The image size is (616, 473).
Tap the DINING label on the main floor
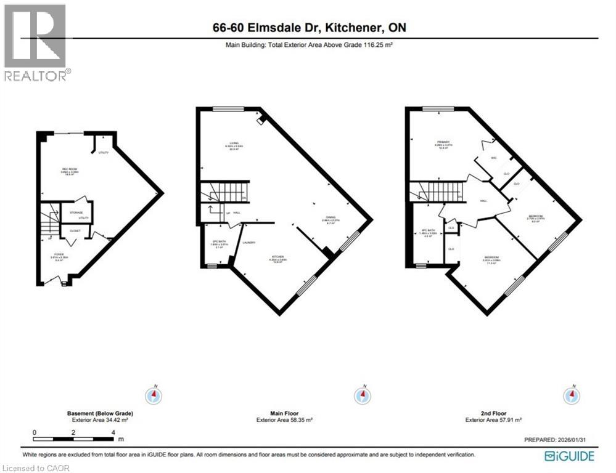tap(331, 217)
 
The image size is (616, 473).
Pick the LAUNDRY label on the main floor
tap(250, 243)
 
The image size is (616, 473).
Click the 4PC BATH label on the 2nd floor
tap(427, 232)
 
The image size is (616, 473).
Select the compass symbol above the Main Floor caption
tap(363, 395)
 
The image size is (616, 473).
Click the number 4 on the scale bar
tap(113, 432)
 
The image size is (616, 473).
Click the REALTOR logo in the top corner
tap(36, 42)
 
